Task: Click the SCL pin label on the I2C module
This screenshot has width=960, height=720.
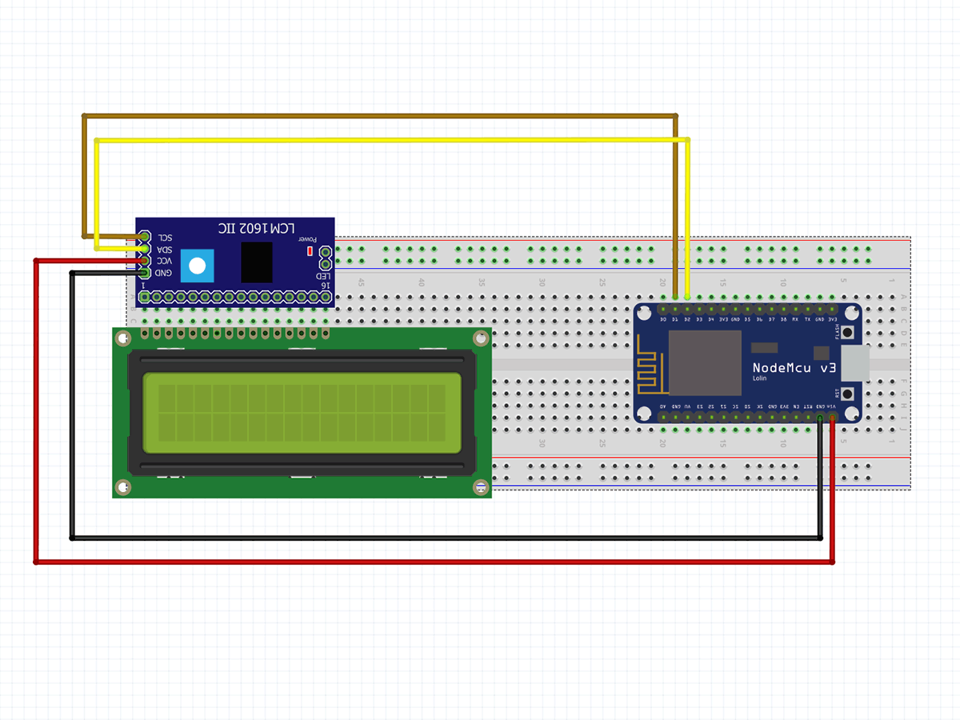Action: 164,238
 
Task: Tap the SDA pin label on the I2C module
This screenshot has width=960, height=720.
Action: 164,249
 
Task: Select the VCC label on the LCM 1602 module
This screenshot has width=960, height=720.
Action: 163,261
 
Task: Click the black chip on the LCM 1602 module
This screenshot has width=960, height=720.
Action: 256,261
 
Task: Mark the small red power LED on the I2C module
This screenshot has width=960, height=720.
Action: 310,251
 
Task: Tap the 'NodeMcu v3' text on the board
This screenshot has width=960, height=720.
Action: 794,368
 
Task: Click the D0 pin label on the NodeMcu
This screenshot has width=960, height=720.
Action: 663,319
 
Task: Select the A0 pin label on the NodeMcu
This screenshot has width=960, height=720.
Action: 663,407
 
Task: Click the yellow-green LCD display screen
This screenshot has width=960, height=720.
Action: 302,412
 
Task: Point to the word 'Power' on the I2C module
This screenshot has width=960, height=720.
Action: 309,238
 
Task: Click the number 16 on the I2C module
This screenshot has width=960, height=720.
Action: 324,285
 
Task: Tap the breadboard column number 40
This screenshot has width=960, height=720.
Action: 421,283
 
